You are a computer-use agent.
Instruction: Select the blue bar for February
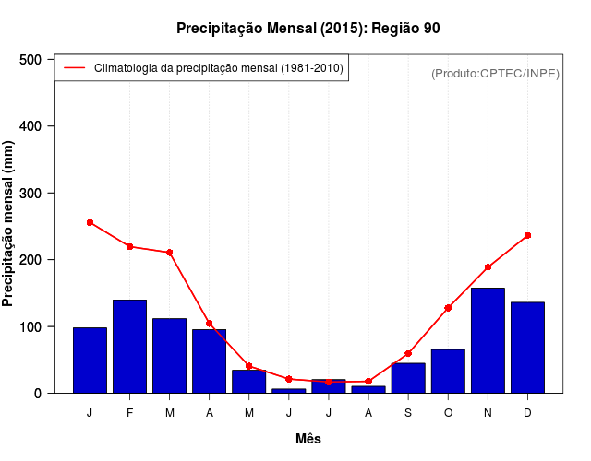point(129,347)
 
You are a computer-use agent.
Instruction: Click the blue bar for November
point(488,341)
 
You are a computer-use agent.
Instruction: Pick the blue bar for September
point(408,378)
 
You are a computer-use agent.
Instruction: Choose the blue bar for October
point(448,372)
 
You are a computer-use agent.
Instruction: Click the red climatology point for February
point(129,246)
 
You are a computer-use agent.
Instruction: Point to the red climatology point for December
point(527,235)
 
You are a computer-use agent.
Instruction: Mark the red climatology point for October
point(448,307)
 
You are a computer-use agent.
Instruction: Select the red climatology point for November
point(488,266)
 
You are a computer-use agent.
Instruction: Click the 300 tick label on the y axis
point(31,193)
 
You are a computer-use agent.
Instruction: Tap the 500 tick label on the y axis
point(31,60)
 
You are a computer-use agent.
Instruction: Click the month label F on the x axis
point(129,412)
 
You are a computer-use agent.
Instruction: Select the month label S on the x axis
point(408,412)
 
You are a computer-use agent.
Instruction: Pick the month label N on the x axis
point(488,412)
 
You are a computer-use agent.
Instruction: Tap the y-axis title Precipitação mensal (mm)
point(9,223)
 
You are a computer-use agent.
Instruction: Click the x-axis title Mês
point(308,439)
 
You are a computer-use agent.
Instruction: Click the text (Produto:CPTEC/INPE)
point(495,73)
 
